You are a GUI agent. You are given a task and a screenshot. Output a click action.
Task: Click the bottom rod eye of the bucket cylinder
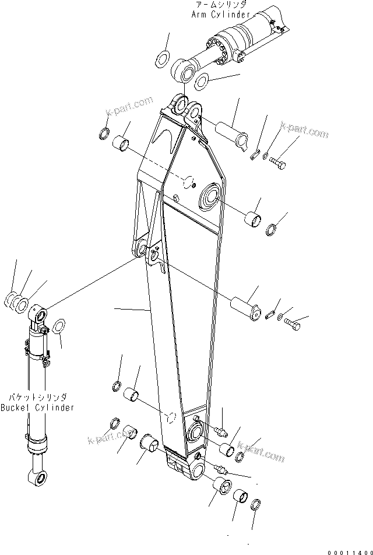click(38, 479)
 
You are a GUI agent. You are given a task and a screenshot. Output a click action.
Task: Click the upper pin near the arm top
click(233, 132)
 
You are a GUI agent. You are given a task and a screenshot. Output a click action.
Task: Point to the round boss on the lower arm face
click(196, 433)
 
